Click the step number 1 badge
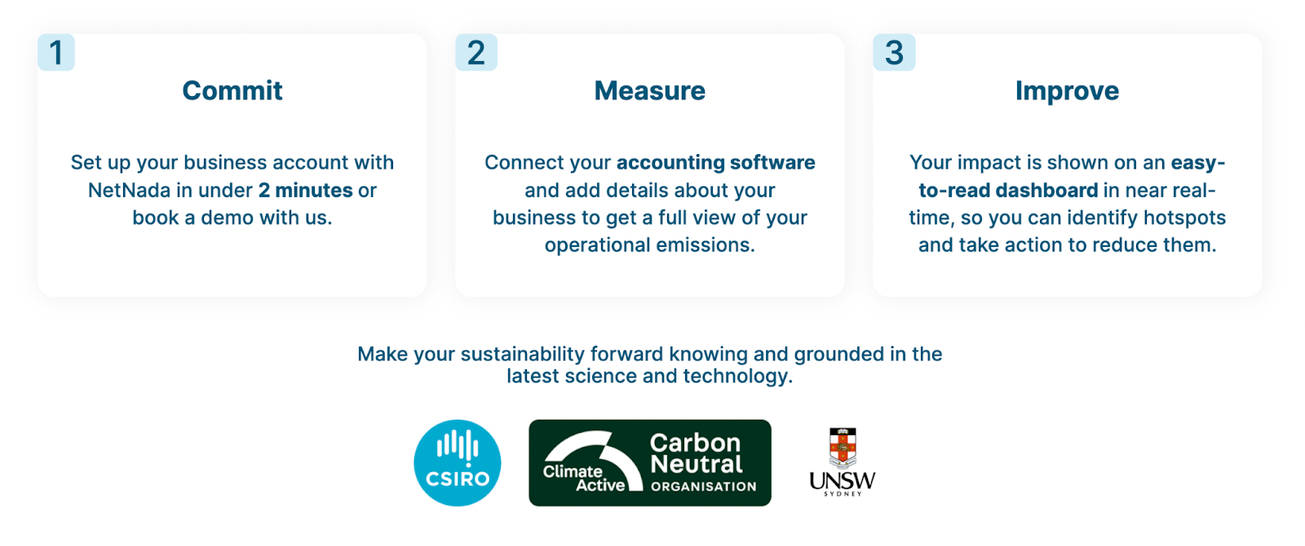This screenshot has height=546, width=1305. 56,52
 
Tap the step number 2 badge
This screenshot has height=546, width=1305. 476,52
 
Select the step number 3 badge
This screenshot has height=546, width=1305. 894,52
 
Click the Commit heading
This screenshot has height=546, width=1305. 232,90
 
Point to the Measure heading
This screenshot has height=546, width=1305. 649,90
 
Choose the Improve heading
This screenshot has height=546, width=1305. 1068,91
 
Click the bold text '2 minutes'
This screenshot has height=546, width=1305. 306,191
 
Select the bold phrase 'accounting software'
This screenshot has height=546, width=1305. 716,162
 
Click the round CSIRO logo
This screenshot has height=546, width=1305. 458,463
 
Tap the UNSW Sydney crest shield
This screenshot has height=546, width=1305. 843,448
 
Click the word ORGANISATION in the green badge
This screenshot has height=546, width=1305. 703,487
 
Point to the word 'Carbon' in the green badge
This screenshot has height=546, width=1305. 695,443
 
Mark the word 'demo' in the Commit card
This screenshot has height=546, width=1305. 228,218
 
